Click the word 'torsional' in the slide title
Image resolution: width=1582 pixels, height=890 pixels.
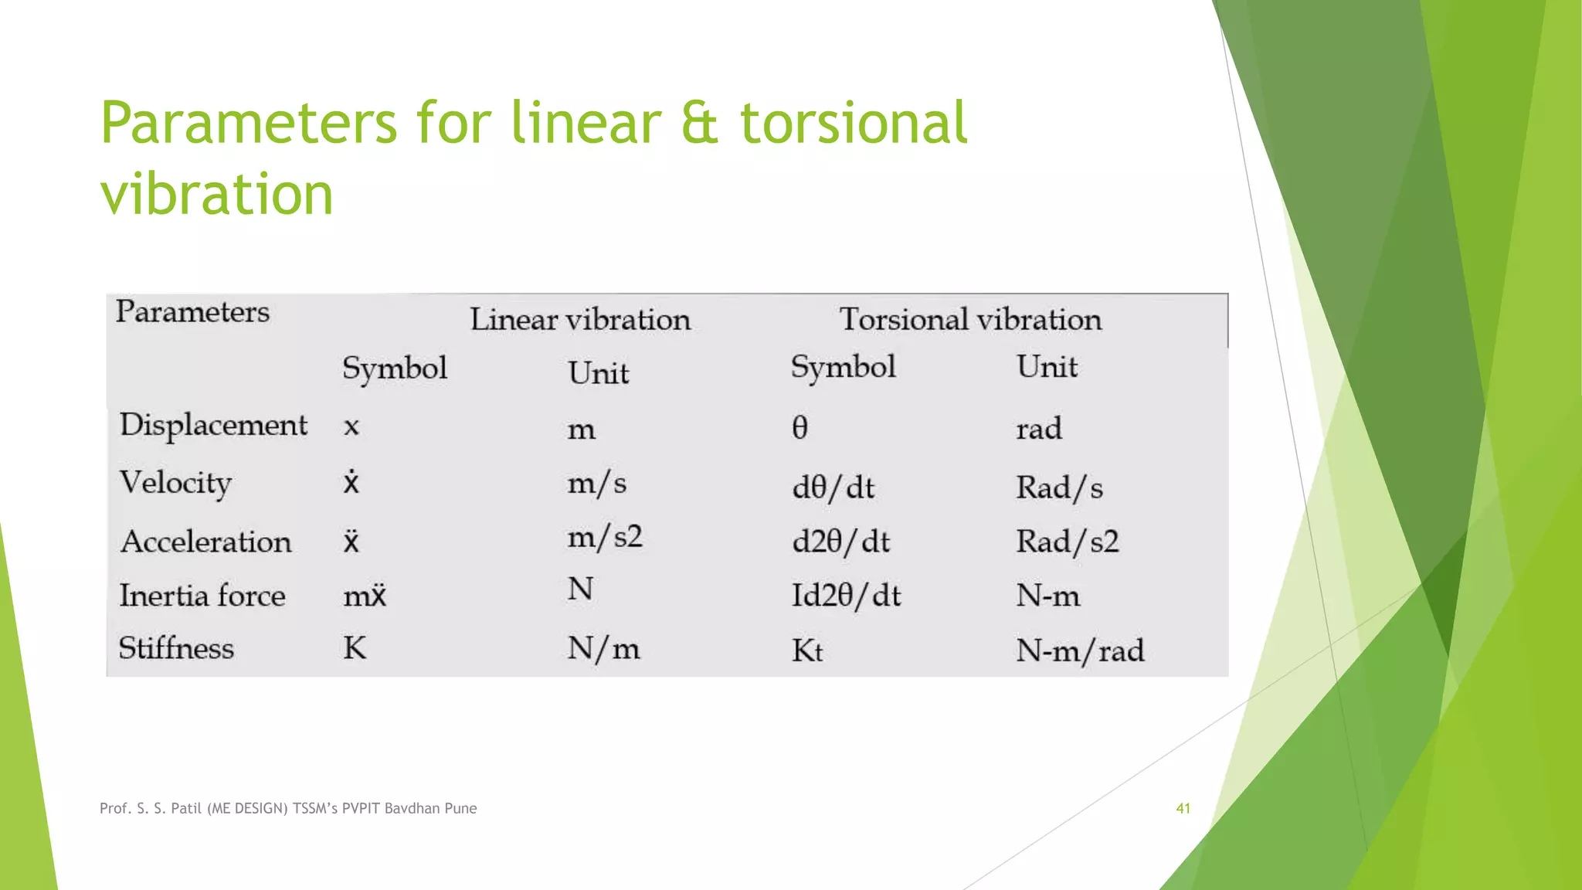coord(854,124)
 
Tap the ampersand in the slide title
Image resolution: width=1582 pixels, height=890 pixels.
coord(700,124)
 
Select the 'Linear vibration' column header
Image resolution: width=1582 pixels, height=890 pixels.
coord(580,320)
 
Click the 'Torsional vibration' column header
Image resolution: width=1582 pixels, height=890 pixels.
coord(970,320)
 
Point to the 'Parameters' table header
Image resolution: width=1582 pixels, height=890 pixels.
coord(192,312)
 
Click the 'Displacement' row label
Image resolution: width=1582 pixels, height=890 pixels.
coord(213,426)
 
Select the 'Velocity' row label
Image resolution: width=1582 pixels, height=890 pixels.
coord(175,484)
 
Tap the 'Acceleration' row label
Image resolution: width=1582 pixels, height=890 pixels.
coord(206,542)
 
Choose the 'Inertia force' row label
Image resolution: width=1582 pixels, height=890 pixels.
coord(202,596)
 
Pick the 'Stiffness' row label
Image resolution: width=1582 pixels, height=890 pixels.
coord(176,648)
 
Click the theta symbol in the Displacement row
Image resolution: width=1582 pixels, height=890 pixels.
coord(800,427)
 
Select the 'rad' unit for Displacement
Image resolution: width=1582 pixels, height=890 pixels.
coord(1039,429)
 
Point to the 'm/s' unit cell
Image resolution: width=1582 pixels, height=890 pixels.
coord(596,484)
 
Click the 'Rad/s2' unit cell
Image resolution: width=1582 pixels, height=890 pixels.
coord(1067,542)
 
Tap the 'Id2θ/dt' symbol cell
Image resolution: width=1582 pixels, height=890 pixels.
coord(847,596)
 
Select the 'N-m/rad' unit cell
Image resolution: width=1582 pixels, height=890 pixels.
coord(1080,651)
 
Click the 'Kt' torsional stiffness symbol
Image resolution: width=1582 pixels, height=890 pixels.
coord(807,651)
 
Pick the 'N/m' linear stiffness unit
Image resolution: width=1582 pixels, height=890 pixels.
coord(603,648)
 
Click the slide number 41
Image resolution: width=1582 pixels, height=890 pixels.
coord(1183,808)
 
